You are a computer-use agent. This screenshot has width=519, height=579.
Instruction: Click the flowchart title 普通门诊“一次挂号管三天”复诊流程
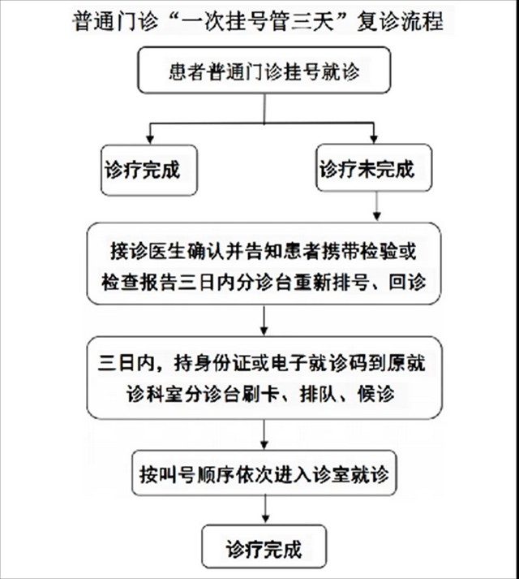point(258,20)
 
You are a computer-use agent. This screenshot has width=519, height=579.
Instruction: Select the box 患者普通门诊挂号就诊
point(264,70)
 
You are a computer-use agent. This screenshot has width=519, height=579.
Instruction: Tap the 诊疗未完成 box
point(374,167)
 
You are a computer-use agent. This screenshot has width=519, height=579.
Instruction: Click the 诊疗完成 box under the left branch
point(149,170)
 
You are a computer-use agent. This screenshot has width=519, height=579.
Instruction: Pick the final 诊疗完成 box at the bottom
point(264,547)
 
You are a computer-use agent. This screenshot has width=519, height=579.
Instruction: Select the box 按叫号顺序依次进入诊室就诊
point(264,473)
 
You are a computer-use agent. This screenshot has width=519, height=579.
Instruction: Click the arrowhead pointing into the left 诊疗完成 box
point(150,139)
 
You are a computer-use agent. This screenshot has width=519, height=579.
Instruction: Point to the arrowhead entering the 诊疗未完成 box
point(374,139)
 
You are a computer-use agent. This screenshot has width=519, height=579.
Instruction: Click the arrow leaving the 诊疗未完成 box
point(376,206)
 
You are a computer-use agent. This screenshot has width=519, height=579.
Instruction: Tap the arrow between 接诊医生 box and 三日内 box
point(264,320)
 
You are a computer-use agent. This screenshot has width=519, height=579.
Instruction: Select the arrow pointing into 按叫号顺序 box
point(264,434)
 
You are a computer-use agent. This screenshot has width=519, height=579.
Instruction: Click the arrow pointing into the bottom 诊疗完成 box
point(265,509)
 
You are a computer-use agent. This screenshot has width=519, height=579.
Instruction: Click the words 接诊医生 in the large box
point(148,251)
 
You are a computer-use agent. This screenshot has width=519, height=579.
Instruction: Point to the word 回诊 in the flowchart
point(407,282)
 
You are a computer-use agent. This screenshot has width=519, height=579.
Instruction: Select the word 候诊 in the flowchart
point(376,394)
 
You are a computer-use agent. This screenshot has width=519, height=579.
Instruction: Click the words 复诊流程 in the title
point(400,21)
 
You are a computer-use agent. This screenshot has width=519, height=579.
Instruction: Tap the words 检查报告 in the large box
point(139,282)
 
